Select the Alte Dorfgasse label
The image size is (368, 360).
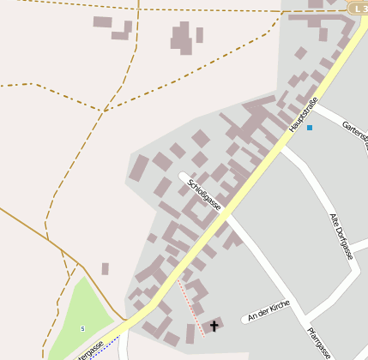point(341,236)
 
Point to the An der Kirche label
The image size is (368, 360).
point(268,311)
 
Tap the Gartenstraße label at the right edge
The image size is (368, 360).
point(355,131)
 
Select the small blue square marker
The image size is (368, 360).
point(310,128)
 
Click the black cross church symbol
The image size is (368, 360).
point(214,326)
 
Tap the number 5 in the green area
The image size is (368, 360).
point(82,328)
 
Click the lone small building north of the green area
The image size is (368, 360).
point(106,268)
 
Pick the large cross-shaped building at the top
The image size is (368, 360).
point(181,37)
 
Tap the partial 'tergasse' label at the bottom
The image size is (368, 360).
point(90,349)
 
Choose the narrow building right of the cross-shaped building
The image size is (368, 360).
point(200,35)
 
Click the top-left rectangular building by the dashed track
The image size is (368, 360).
point(102,21)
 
